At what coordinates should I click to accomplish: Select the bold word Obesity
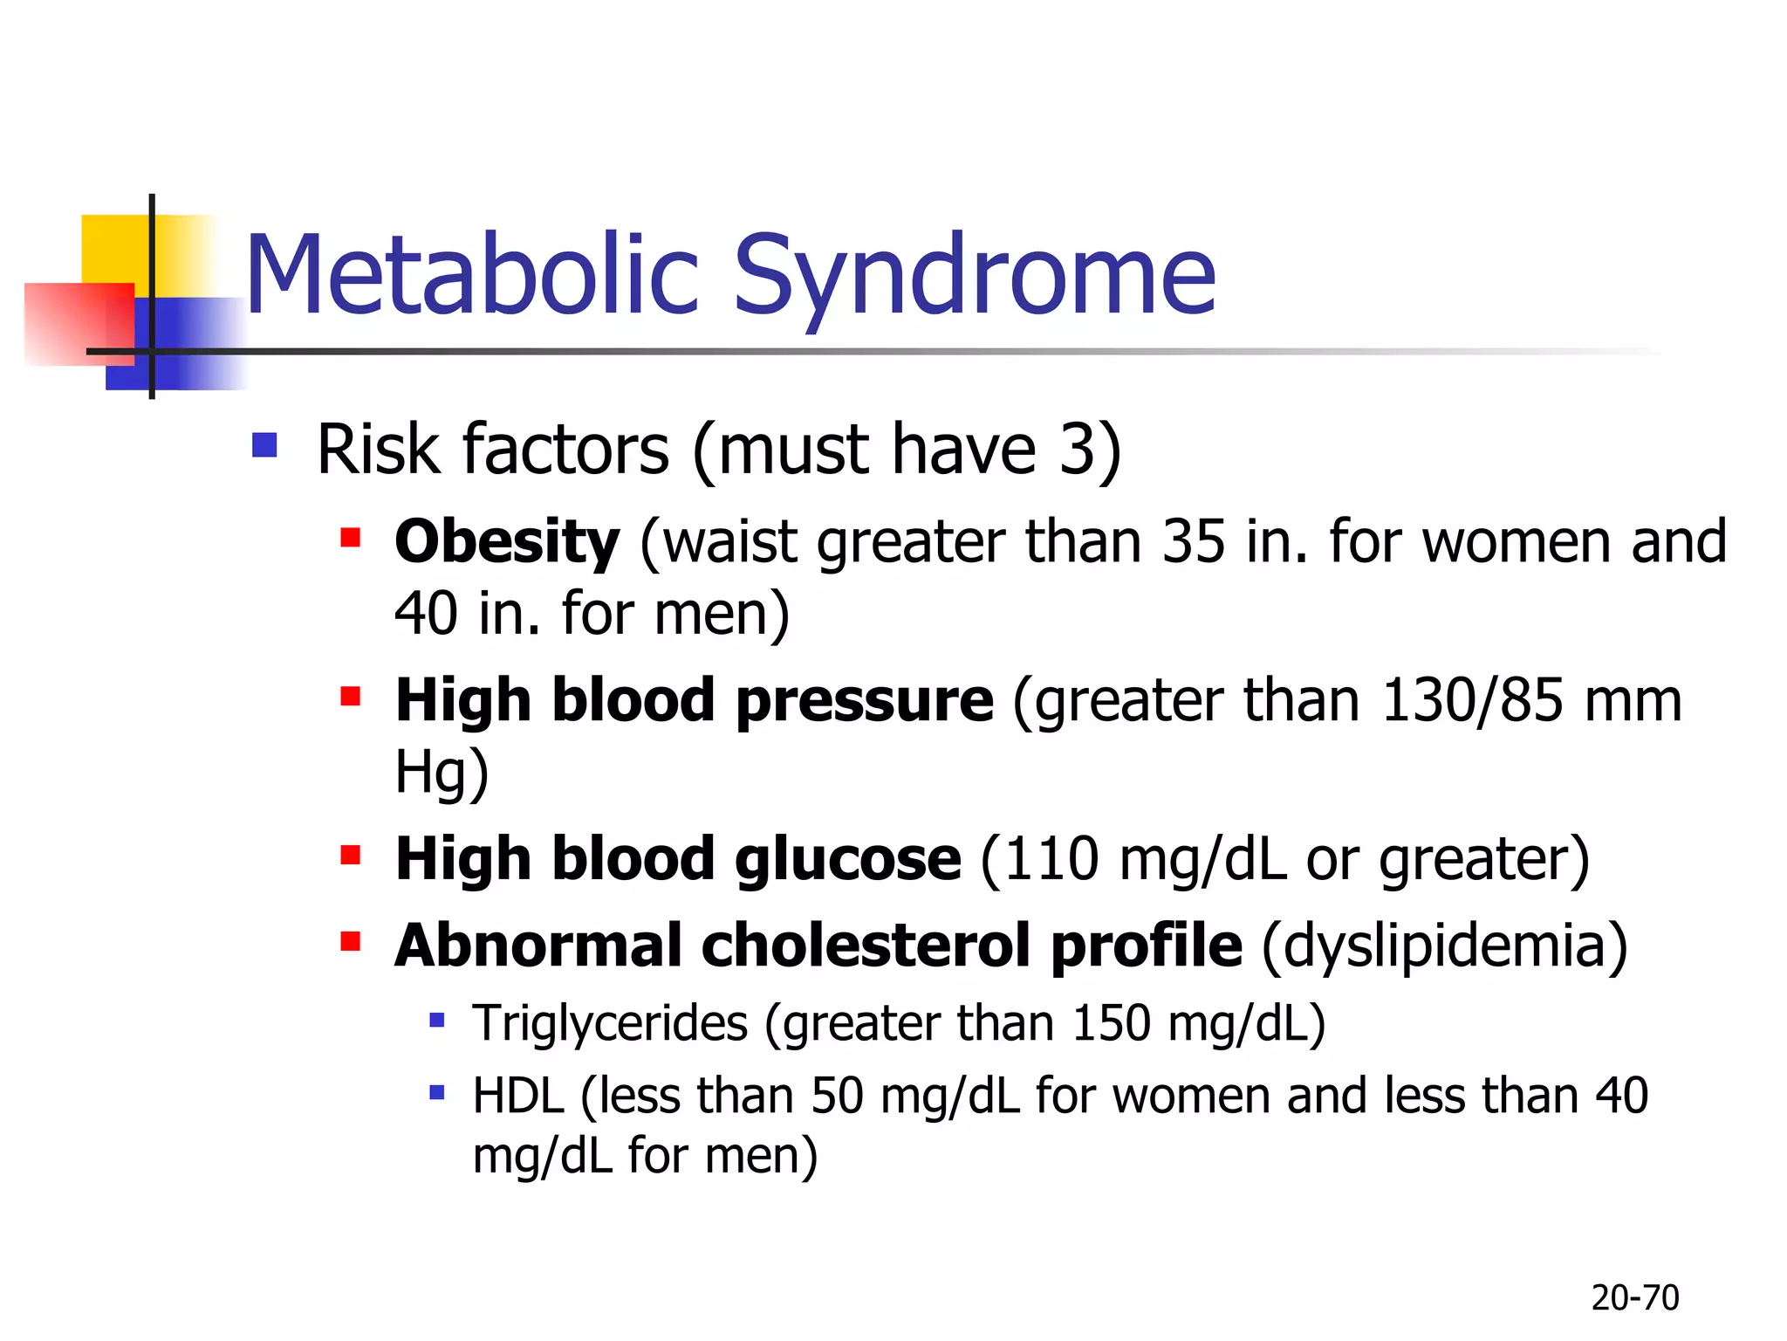tap(507, 542)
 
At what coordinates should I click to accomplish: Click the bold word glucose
tap(847, 859)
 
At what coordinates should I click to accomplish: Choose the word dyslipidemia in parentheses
tap(1444, 946)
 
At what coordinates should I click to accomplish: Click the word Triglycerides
tap(610, 1023)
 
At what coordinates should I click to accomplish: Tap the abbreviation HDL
tap(517, 1096)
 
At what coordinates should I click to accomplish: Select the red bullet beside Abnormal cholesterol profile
tap(351, 941)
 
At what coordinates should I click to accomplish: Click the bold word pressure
tap(864, 702)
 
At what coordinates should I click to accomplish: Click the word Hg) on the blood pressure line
tap(442, 773)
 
